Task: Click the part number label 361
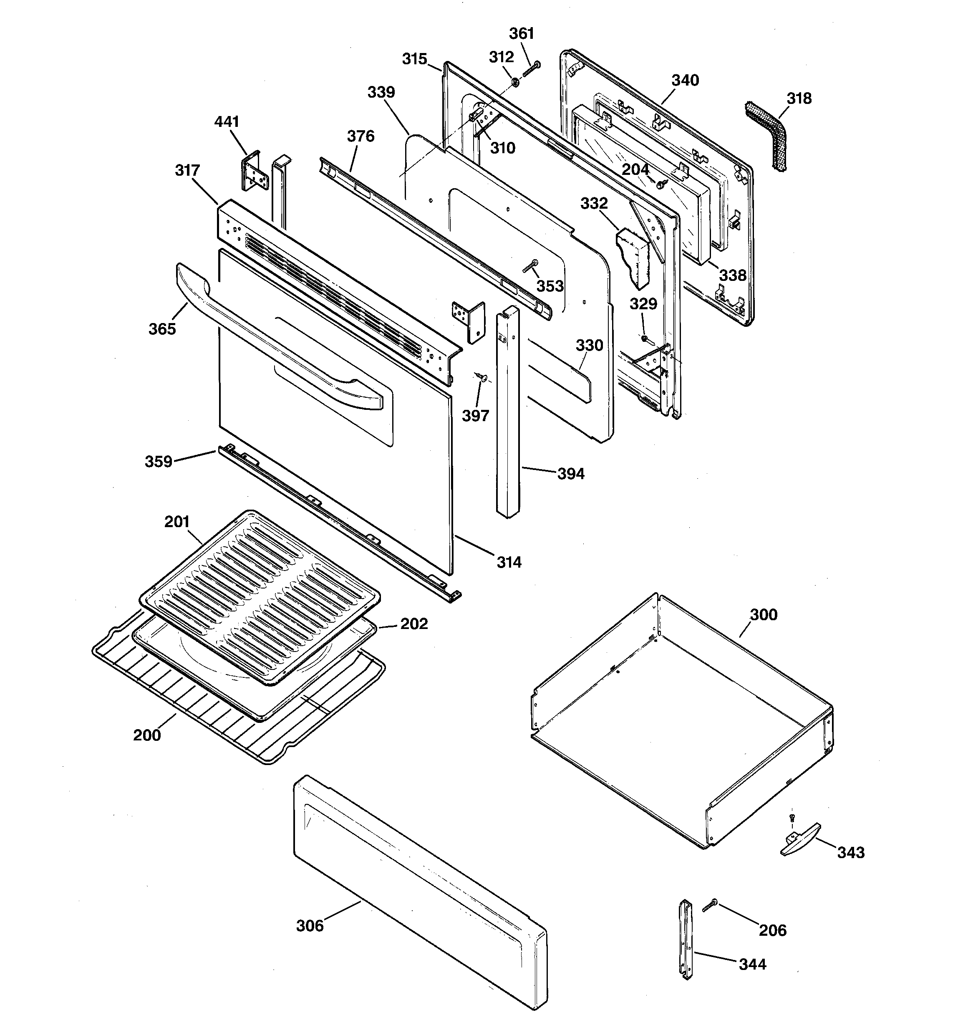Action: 521,34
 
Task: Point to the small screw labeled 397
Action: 483,378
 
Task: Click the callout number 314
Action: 509,562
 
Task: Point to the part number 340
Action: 685,81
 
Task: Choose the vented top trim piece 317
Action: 338,291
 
